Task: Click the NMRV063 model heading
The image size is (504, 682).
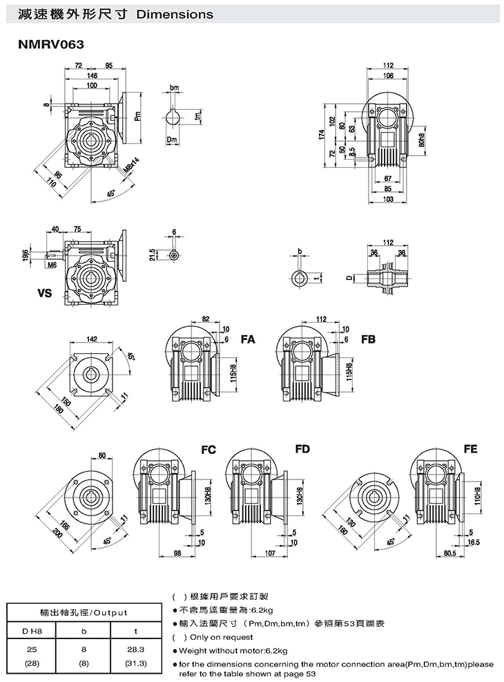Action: (x=52, y=44)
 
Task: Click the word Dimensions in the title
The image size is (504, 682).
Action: (x=175, y=14)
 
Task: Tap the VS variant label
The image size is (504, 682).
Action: (x=46, y=292)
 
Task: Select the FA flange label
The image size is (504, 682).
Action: (x=248, y=340)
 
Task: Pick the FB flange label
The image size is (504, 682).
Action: (x=368, y=340)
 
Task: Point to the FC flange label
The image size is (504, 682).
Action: (x=209, y=450)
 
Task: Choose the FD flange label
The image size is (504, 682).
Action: (x=302, y=450)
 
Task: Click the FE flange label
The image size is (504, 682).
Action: (x=471, y=450)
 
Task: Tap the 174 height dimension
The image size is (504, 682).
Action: (x=321, y=136)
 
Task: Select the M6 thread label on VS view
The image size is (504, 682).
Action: (x=52, y=265)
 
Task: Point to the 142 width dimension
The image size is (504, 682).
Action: (x=91, y=339)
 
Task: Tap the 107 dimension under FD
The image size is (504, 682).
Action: (x=270, y=553)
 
